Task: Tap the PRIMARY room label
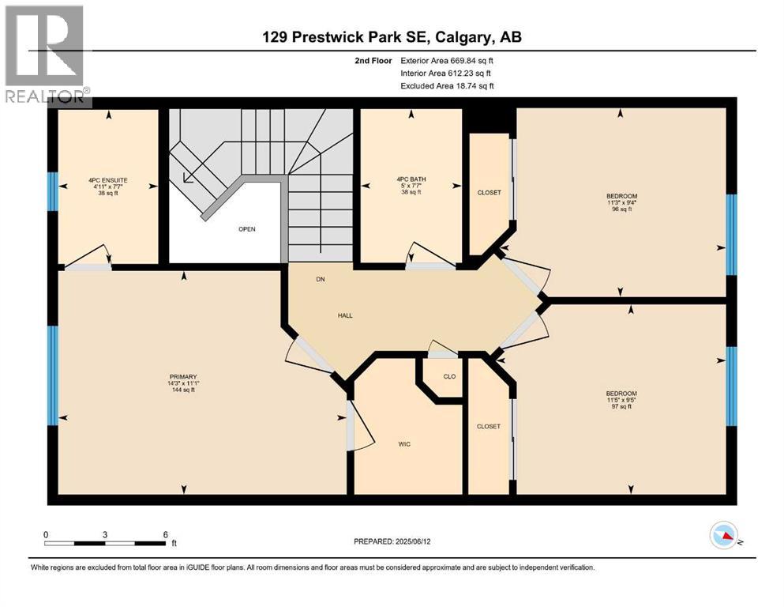click(x=182, y=376)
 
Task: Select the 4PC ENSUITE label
click(x=108, y=180)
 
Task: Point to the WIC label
click(x=403, y=444)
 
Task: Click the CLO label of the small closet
click(x=449, y=376)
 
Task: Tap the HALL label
click(x=345, y=315)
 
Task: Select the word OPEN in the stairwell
click(x=247, y=229)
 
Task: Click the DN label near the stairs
click(x=321, y=279)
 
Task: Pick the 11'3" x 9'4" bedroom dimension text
click(x=621, y=202)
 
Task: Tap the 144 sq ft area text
click(x=182, y=390)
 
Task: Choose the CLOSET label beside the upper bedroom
click(x=489, y=192)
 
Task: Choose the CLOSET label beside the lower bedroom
click(x=488, y=426)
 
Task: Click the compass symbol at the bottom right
click(x=722, y=537)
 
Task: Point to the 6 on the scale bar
click(x=164, y=534)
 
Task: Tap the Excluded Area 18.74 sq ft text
click(x=448, y=85)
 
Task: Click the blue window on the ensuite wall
click(x=52, y=191)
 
